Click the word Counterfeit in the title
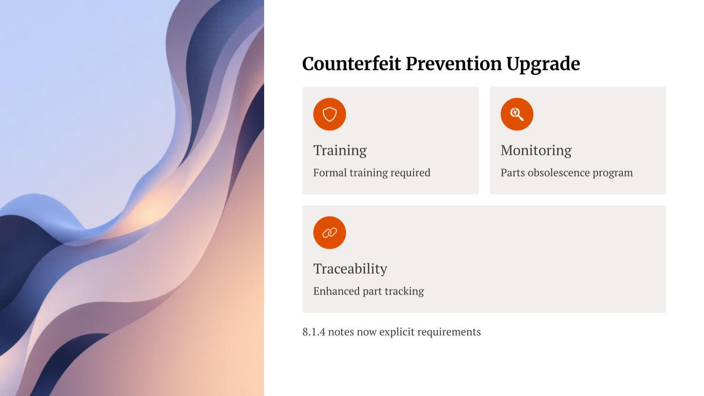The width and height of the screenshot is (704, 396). [x=351, y=63]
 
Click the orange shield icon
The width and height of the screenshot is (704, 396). [x=329, y=114]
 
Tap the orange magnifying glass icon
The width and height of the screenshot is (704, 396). [x=517, y=114]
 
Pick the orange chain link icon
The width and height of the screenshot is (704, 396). [x=329, y=233]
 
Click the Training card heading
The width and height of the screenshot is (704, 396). [x=340, y=151]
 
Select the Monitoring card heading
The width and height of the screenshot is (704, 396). [x=536, y=151]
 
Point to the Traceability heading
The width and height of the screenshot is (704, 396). [x=350, y=269]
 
